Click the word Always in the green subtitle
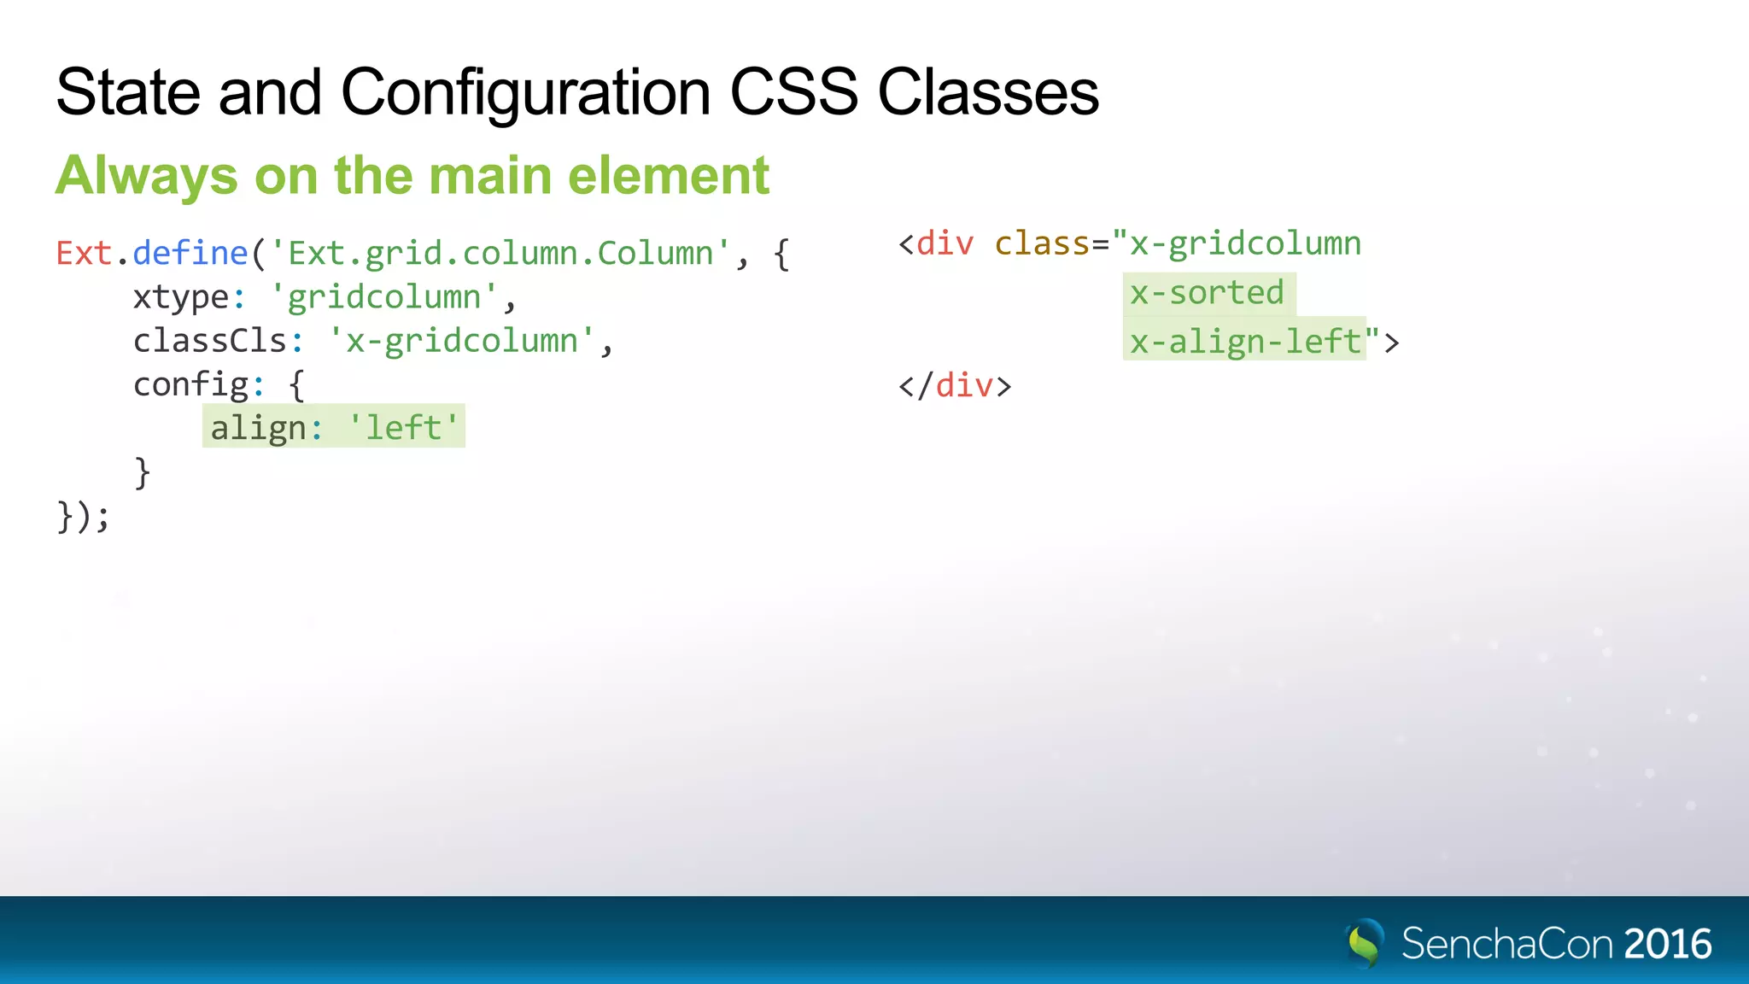pos(146,177)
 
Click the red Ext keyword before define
pos(84,254)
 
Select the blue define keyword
pos(190,254)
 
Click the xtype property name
pos(181,298)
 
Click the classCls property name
pos(210,341)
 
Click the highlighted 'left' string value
pos(403,427)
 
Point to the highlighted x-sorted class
pos(1207,293)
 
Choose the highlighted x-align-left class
pos(1245,342)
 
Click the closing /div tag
pos(955,386)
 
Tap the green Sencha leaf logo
pos(1364,943)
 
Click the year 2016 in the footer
pos(1668,944)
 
